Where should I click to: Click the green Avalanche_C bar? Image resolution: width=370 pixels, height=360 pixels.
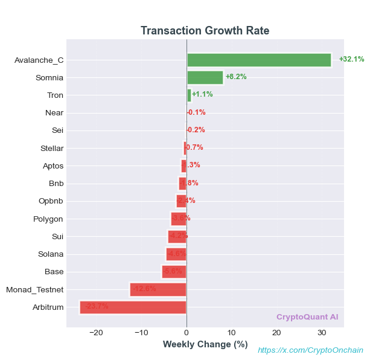click(x=259, y=60)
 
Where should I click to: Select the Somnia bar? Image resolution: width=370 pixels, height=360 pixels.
click(x=205, y=77)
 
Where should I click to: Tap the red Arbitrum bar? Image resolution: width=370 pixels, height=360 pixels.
click(x=133, y=307)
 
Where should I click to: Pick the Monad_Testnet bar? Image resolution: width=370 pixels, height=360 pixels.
click(x=158, y=289)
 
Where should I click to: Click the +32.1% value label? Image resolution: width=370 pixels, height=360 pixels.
click(x=351, y=59)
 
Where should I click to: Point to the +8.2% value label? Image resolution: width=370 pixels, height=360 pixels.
click(x=236, y=77)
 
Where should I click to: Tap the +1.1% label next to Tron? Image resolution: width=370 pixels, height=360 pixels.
click(x=202, y=94)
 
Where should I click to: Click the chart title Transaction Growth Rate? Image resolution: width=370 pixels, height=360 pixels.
click(x=205, y=31)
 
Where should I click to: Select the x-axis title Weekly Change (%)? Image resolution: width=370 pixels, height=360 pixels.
click(x=205, y=344)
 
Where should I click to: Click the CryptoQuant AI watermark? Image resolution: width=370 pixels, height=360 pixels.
click(x=307, y=317)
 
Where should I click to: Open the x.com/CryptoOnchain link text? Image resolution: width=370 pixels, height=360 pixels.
click(x=311, y=350)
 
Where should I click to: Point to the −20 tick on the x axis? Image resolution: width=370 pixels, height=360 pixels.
click(x=96, y=333)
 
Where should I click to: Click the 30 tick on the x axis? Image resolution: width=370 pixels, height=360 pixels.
click(x=321, y=333)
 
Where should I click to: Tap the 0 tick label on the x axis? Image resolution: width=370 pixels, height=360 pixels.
click(x=187, y=333)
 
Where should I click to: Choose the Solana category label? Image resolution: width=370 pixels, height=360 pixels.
click(x=51, y=254)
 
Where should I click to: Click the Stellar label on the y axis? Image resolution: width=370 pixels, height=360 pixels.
click(x=52, y=148)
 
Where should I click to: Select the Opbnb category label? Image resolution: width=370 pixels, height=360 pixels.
click(x=51, y=201)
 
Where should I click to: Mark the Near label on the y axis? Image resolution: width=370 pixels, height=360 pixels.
click(x=54, y=112)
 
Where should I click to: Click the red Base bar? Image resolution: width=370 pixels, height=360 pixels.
click(x=174, y=272)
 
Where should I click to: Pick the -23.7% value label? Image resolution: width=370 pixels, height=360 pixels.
click(x=97, y=306)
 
